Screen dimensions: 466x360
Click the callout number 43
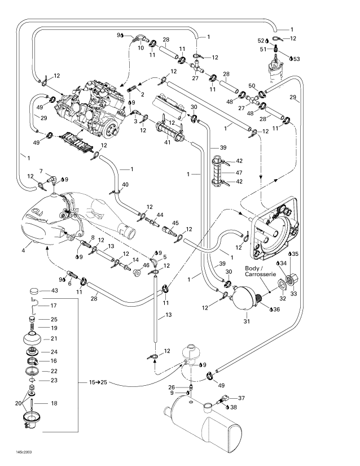click(54, 290)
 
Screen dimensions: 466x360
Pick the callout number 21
click(54, 338)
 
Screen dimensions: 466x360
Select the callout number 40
click(125, 185)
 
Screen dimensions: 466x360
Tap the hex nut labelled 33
click(293, 279)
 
